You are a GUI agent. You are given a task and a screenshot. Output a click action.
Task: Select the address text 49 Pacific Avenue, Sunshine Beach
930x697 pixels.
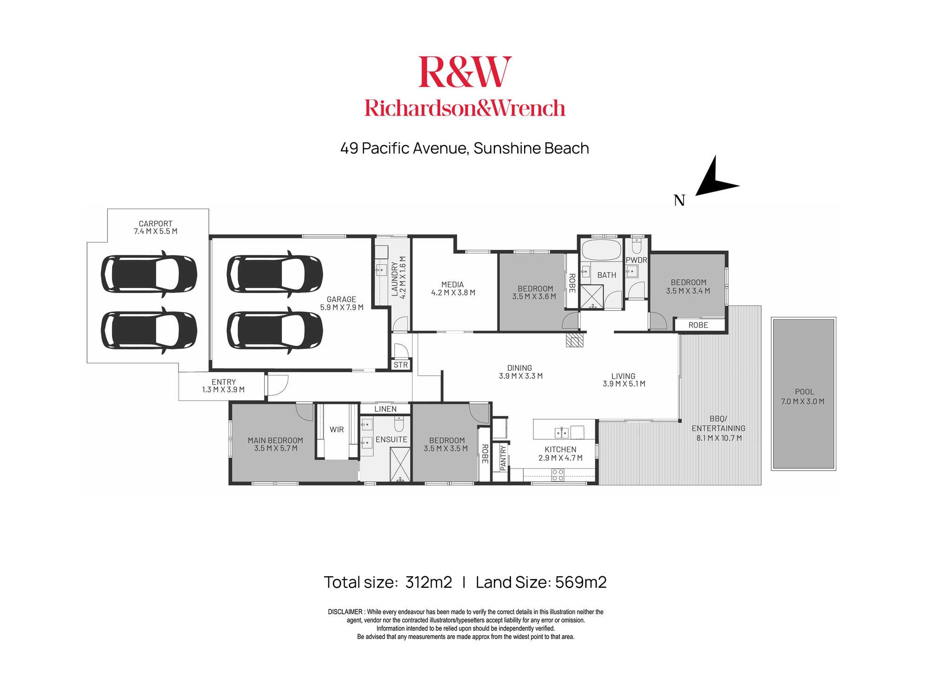coord(465,148)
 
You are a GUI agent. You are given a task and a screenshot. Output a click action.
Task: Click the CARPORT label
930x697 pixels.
coord(155,224)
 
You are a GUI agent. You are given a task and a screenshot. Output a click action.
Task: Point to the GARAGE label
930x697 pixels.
coord(341,299)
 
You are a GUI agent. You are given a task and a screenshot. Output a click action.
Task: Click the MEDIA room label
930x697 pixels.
coord(452,284)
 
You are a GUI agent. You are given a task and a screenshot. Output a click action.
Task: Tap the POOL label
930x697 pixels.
coord(804,392)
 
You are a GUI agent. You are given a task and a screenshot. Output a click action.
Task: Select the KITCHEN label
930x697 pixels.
coord(560,449)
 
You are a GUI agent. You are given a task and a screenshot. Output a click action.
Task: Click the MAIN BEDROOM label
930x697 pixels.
coord(275,440)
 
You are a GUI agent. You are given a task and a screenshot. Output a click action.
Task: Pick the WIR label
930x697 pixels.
coord(337,429)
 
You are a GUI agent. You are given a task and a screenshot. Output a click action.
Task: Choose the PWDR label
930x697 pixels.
coord(636,260)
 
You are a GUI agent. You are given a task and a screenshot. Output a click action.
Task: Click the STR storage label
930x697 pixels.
coord(401,365)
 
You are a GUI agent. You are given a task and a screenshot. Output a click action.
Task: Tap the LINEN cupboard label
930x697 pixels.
coord(385,409)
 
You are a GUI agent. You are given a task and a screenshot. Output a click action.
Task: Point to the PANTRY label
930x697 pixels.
coord(503,458)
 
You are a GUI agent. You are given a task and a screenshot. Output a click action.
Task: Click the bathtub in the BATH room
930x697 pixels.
coord(601,250)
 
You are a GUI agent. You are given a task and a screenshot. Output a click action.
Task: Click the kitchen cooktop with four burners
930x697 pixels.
coord(558,474)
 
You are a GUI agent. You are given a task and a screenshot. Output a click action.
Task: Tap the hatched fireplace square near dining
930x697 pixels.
coord(574,340)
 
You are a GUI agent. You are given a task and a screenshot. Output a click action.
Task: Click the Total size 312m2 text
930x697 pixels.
coord(388,582)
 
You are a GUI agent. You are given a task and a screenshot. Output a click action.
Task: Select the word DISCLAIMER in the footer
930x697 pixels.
coord(345,612)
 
